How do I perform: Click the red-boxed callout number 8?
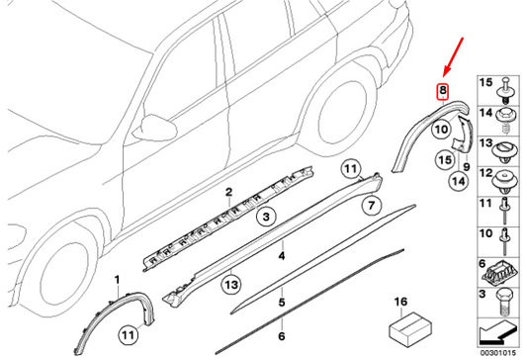[443, 91]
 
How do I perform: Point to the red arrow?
[453, 56]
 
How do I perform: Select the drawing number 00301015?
[497, 353]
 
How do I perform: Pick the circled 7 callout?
[371, 205]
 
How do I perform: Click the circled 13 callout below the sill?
[231, 285]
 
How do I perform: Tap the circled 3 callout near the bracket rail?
[266, 217]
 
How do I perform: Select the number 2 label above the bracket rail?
[228, 193]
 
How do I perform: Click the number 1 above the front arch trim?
[117, 280]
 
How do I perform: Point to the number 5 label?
[282, 303]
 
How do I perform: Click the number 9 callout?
[467, 166]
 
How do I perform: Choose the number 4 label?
[282, 256]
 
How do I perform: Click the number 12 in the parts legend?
[485, 173]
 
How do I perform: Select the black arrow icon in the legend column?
[497, 332]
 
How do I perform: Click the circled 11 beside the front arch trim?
[129, 335]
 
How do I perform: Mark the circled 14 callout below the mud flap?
[459, 181]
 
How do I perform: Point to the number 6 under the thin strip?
[282, 336]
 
